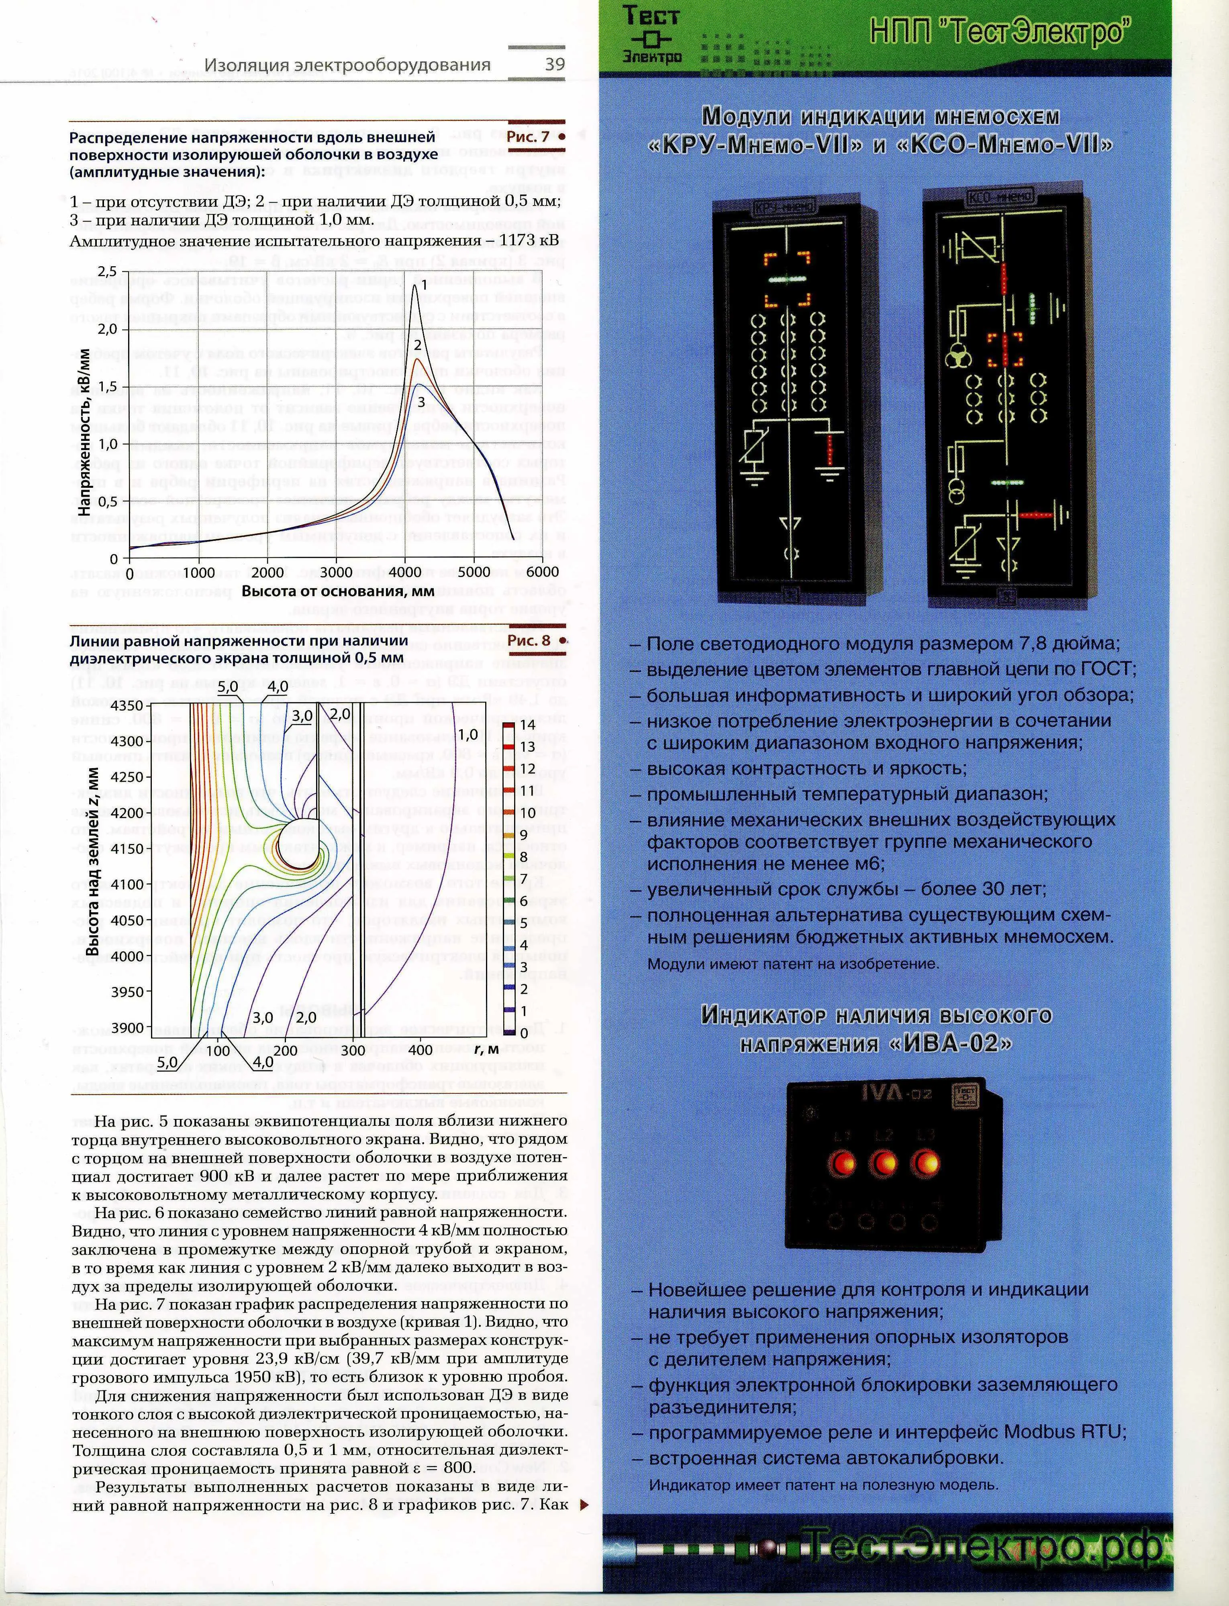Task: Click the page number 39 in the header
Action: coord(555,64)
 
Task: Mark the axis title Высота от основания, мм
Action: coord(338,591)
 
